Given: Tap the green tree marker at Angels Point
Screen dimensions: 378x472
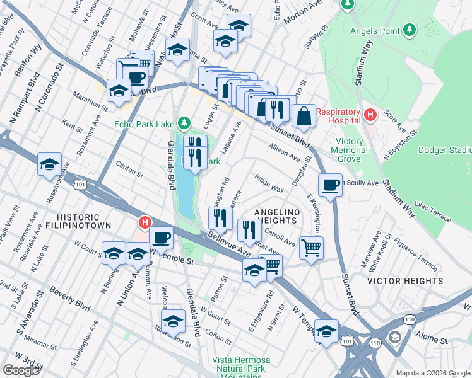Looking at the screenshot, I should [410, 30].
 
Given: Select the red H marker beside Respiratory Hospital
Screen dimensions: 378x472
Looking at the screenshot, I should [370, 115].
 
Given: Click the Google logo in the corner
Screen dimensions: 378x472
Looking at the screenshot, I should [21, 370].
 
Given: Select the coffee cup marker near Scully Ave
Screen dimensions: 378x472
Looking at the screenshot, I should [330, 184].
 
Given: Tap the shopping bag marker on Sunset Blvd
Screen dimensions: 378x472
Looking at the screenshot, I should [304, 115].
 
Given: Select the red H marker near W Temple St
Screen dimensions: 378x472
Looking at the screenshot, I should [145, 222].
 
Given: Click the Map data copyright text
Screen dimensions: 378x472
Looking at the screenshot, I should [434, 373].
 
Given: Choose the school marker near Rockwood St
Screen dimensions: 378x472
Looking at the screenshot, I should [173, 321].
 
